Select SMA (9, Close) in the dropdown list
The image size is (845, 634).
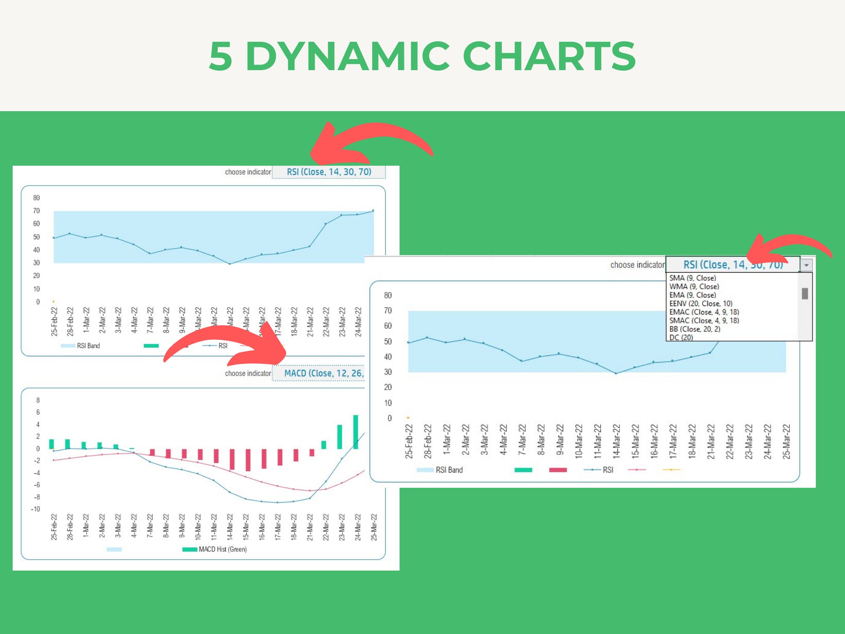click(x=692, y=278)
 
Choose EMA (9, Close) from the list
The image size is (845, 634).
click(x=692, y=295)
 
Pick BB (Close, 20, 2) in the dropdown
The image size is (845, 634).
click(x=695, y=329)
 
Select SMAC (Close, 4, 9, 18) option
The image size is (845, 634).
click(x=704, y=320)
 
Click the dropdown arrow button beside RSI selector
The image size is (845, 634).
click(x=806, y=265)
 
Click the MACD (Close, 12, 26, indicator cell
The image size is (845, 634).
click(x=323, y=373)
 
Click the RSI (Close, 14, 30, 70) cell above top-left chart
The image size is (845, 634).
click(x=329, y=172)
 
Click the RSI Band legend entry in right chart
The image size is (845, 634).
click(x=449, y=470)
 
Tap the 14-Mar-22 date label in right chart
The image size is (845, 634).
click(x=616, y=442)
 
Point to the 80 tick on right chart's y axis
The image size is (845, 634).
click(x=388, y=295)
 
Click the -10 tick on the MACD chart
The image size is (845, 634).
click(x=35, y=509)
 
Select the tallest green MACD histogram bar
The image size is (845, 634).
click(x=356, y=432)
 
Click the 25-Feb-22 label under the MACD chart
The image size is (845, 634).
click(x=54, y=527)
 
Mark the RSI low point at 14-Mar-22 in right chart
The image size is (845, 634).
click(x=616, y=373)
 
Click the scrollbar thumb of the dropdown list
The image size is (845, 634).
click(x=805, y=293)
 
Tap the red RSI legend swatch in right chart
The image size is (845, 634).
click(x=558, y=470)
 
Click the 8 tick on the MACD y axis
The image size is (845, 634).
click(x=38, y=400)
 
